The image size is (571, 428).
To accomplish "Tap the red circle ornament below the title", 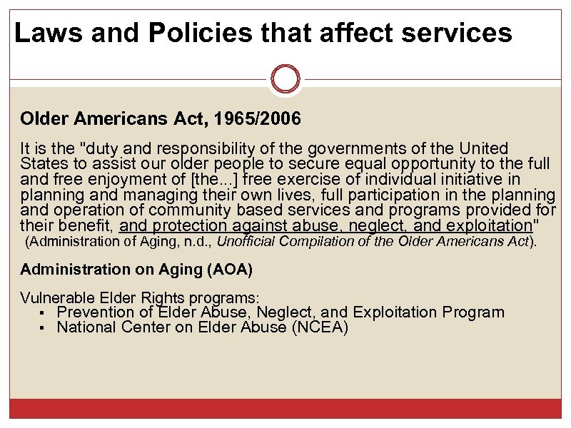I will (x=286, y=78).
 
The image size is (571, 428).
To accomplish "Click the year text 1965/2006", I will (x=255, y=118).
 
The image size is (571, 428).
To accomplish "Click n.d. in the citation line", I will (x=191, y=241).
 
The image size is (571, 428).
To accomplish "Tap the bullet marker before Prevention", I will (x=43, y=313).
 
